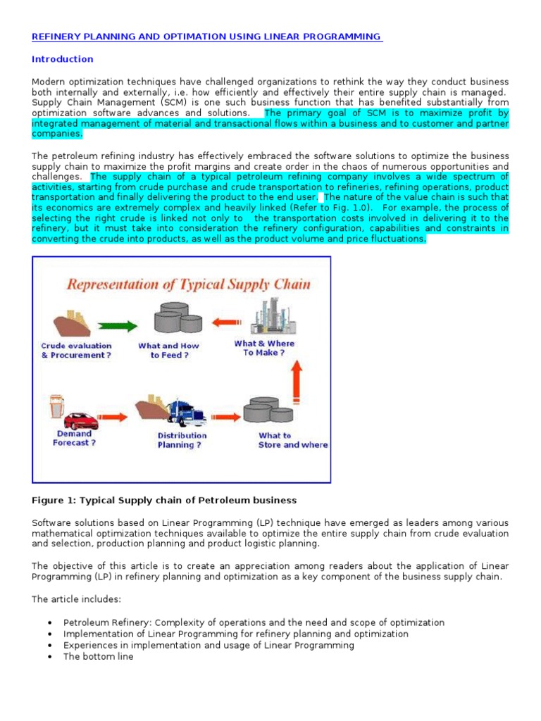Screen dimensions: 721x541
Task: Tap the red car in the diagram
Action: coord(81,420)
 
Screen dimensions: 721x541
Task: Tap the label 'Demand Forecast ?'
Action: coord(74,439)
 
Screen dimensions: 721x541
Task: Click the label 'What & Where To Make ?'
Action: coord(264,348)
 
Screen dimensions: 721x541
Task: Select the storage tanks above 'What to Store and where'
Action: coord(268,413)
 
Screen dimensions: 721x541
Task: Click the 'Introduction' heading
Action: coord(63,59)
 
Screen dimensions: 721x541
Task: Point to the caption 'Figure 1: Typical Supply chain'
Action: coord(164,501)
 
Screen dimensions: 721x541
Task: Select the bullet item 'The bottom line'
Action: coord(98,656)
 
